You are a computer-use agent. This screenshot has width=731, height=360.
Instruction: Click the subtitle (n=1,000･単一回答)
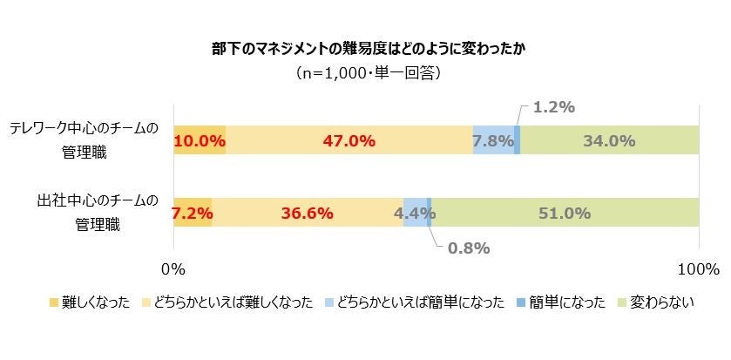364,72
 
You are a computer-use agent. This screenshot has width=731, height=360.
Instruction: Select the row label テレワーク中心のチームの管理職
85,140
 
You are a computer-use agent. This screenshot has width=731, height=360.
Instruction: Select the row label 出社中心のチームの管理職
85,213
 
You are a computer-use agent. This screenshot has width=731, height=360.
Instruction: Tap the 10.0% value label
200,140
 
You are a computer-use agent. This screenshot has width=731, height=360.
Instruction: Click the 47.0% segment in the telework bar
349,140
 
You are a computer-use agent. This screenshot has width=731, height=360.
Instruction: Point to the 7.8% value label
492,140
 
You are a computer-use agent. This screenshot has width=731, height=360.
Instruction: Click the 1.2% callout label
552,107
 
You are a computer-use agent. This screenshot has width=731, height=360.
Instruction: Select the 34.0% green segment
609,140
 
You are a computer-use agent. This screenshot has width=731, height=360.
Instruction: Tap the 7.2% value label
193,213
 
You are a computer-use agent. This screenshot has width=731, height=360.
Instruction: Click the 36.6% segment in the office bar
307,213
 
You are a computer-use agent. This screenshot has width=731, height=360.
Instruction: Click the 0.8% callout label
468,248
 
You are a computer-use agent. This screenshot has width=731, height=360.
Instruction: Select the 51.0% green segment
565,213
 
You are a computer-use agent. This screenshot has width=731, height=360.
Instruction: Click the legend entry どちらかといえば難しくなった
233,302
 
